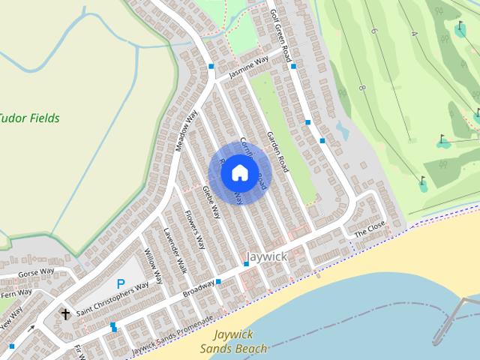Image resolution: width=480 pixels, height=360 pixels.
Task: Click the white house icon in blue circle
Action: [239, 172]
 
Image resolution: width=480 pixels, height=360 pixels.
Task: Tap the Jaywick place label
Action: [267, 256]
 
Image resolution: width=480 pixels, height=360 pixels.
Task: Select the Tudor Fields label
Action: [28, 118]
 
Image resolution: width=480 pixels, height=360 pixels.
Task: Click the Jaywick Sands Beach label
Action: [233, 341]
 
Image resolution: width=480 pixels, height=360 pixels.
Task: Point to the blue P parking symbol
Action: [120, 284]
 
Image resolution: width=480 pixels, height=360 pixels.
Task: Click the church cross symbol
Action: [65, 314]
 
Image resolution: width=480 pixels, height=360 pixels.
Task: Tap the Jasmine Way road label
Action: [248, 67]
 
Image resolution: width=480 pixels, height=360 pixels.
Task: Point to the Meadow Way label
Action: [187, 131]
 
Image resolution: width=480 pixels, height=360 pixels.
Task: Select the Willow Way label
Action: [153, 266]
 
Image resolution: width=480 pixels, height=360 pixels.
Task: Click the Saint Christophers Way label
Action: [112, 298]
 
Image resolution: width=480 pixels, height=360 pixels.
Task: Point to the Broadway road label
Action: [199, 289]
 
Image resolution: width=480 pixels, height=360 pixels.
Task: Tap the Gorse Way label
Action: [36, 271]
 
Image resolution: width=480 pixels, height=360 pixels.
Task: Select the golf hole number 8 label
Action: [361, 88]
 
